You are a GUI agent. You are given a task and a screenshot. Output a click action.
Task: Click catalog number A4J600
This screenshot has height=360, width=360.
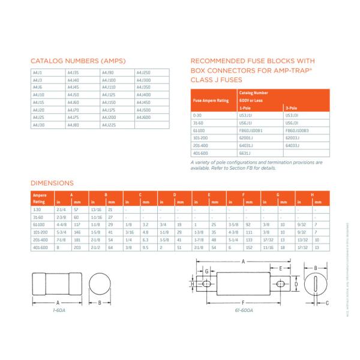(x=144, y=118)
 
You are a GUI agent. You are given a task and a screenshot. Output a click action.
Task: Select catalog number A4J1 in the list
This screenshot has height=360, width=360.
(x=37, y=73)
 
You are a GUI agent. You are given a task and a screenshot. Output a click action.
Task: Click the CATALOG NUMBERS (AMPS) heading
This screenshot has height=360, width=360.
(x=70, y=61)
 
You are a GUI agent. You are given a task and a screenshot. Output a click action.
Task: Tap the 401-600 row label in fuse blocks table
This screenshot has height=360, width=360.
(x=198, y=152)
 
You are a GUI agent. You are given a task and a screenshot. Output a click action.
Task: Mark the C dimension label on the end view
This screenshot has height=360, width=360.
(x=326, y=304)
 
